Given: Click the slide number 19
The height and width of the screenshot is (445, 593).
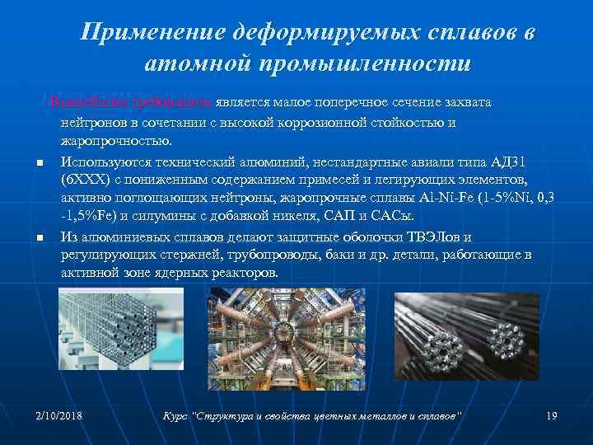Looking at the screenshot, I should pyautogui.click(x=552, y=413).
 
